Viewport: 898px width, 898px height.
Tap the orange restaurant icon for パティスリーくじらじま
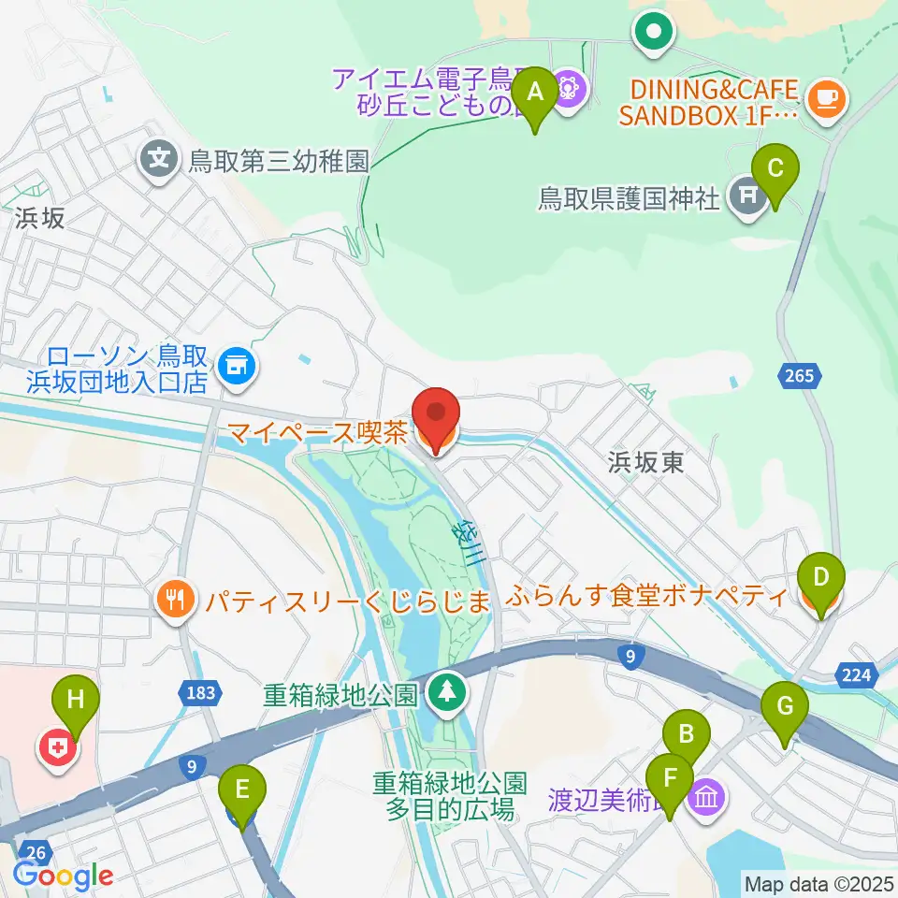pyautogui.click(x=175, y=599)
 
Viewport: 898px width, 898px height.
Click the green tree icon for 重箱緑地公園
pyautogui.click(x=445, y=694)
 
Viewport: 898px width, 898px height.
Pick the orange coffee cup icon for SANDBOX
pyautogui.click(x=826, y=95)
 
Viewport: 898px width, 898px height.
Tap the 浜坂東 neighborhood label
pyautogui.click(x=645, y=461)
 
